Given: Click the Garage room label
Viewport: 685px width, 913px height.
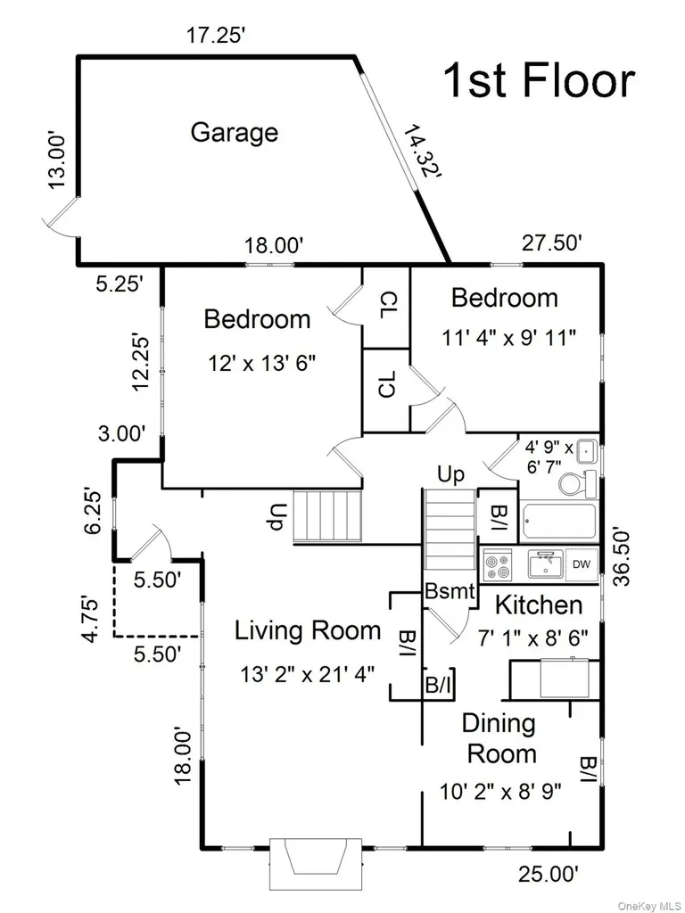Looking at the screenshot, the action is (x=235, y=134).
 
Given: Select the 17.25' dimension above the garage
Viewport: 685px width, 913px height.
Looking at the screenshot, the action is (x=217, y=36).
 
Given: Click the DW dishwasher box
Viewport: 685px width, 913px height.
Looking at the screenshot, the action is (x=582, y=564).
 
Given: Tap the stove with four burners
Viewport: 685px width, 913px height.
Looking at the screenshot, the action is (x=498, y=564).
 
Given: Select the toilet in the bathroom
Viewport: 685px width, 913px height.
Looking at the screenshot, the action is (x=577, y=483).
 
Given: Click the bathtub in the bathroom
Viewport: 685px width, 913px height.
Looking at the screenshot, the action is (x=560, y=522).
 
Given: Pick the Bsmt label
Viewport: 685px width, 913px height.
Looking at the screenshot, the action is (x=450, y=592).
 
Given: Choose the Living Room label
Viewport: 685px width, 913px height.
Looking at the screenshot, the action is (x=308, y=630).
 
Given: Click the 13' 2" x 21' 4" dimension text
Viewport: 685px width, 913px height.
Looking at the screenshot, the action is (x=308, y=674).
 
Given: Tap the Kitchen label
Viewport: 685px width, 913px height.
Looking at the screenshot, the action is (x=539, y=605).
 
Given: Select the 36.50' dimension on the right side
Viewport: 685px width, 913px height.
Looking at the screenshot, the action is (x=622, y=556).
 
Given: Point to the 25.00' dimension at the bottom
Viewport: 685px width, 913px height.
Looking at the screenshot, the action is (x=549, y=874).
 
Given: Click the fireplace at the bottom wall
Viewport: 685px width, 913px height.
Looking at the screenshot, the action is (x=315, y=863).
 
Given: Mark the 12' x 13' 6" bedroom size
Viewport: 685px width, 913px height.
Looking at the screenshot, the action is (x=262, y=364).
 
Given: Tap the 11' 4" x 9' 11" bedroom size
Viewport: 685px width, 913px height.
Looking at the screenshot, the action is (x=509, y=337).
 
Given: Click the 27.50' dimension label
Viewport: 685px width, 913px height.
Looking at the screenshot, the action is (x=551, y=243).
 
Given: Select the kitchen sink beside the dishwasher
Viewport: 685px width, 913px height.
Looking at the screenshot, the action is (x=546, y=564).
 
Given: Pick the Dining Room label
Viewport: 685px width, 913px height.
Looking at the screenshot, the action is (x=500, y=738).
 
